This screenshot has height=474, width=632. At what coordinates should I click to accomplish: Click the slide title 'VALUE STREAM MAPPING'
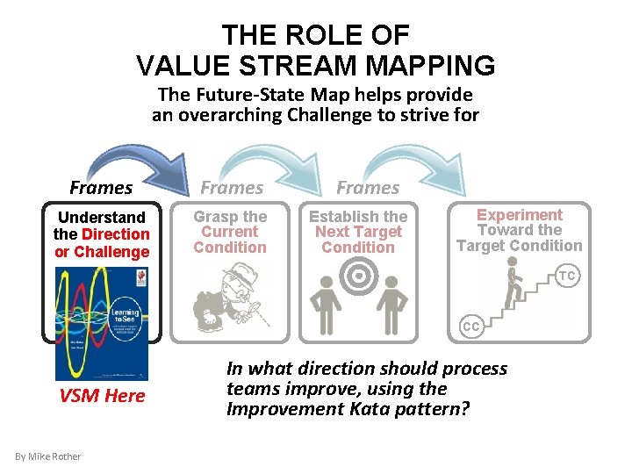(316, 65)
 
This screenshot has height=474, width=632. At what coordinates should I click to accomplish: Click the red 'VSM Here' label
(102, 396)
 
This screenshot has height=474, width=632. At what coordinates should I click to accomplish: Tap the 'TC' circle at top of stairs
(567, 276)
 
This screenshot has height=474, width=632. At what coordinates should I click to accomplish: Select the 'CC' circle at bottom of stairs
(471, 327)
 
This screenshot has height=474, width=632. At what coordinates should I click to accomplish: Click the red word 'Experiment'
(520, 215)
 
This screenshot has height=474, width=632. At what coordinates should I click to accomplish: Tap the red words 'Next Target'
(358, 232)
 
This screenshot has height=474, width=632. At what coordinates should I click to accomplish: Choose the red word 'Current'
(230, 232)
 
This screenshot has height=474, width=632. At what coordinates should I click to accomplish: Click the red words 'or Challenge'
(102, 252)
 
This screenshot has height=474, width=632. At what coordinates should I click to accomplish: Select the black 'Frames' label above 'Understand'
(101, 187)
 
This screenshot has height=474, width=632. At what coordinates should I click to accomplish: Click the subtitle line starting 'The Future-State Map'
(315, 95)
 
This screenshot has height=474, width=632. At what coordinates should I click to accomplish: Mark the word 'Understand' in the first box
(102, 217)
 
